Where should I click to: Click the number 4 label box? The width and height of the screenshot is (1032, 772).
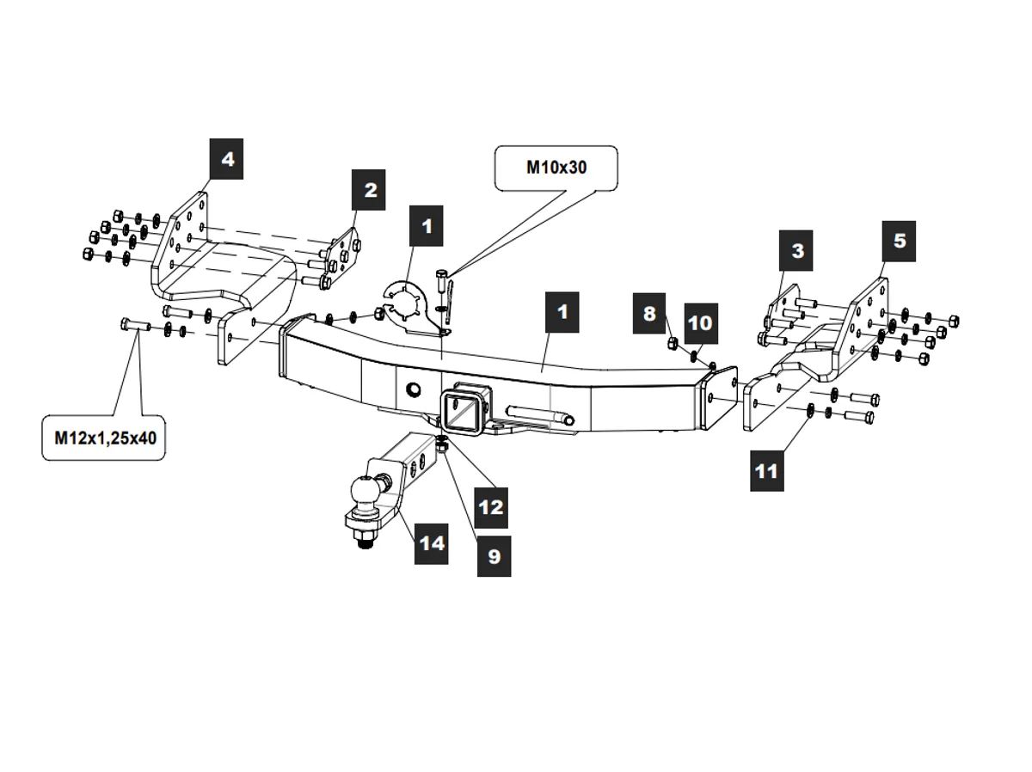coord(227,160)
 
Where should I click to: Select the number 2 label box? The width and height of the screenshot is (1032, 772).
coord(370,190)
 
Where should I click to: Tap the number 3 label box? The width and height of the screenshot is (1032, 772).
coord(797,251)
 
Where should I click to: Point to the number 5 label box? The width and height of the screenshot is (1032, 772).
coord(899,241)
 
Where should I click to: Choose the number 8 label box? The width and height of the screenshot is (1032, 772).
coord(649,314)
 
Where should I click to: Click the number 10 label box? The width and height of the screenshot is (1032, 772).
coord(700,323)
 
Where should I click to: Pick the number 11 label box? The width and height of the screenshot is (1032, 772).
coord(765,470)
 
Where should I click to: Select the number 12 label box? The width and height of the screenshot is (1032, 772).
coord(490,507)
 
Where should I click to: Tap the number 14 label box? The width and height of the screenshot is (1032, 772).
coord(432,543)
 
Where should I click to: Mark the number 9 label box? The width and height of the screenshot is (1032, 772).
coord(494,556)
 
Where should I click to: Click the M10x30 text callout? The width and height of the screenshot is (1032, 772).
coord(556,168)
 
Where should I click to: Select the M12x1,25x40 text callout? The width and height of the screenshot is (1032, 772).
coord(105,438)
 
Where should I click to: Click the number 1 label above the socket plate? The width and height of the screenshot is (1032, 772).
coord(427,227)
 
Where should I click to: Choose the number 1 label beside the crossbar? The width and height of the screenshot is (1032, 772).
coord(562,312)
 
